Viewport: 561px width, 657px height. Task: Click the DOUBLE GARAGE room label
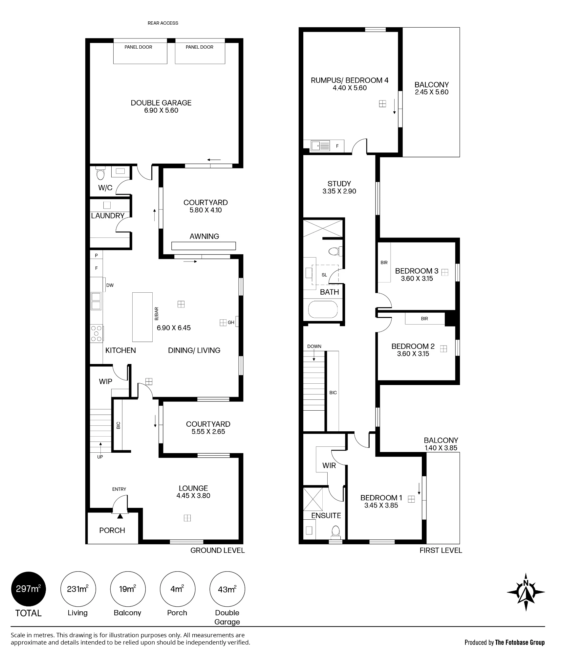tap(161, 103)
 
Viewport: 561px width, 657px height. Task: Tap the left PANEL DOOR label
tap(138, 47)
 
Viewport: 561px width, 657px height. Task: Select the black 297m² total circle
tap(29, 589)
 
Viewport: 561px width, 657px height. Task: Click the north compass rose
tap(526, 592)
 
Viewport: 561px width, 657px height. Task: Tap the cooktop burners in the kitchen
tap(96, 333)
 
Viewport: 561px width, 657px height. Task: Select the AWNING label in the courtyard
tap(204, 236)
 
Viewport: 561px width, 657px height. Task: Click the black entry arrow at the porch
tap(120, 516)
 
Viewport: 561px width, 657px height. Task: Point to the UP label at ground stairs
tap(100, 457)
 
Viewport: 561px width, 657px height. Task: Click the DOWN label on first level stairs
tap(314, 346)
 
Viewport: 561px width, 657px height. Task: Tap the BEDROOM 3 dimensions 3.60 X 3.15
tap(417, 279)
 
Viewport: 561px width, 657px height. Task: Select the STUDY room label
tap(339, 184)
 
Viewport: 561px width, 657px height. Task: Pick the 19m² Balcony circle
tap(127, 589)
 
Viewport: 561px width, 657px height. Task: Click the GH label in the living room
tap(231, 322)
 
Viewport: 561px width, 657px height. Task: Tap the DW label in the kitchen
tap(110, 285)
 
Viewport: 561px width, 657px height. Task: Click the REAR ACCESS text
tap(163, 23)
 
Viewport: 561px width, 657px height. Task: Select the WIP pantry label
tap(105, 381)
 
